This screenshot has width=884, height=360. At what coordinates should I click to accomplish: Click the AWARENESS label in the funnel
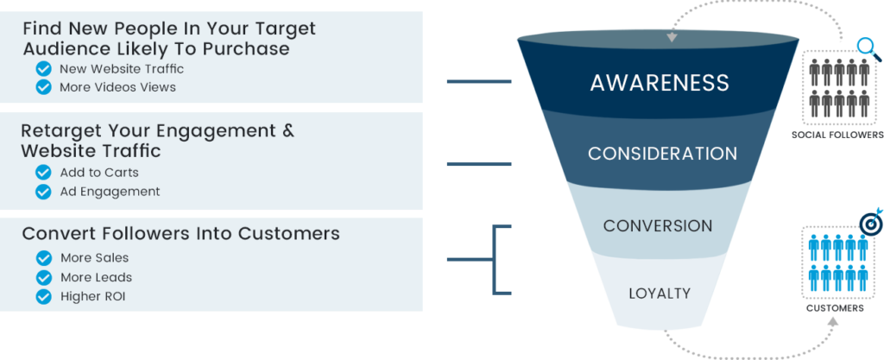click(660, 83)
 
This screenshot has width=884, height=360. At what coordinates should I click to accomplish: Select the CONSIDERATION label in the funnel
click(662, 154)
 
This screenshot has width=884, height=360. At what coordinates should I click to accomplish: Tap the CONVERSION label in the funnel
click(658, 226)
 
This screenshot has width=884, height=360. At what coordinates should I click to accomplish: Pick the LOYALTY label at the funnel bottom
click(660, 294)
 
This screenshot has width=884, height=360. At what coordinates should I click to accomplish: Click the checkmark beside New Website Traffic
click(42, 69)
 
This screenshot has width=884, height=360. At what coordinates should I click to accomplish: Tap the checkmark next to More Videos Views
click(42, 87)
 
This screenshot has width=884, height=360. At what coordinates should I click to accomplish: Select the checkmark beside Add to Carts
click(42, 173)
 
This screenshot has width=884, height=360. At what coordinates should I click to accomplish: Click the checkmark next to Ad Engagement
click(42, 191)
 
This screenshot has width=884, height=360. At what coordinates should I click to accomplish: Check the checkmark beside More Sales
click(42, 258)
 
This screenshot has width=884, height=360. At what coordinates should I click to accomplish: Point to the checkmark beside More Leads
click(42, 277)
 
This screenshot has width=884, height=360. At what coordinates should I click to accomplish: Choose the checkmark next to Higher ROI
click(42, 296)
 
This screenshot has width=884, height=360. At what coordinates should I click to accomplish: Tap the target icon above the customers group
click(869, 222)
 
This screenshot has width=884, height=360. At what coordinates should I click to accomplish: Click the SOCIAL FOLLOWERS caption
click(838, 135)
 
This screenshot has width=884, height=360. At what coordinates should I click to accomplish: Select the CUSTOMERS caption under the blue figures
click(835, 307)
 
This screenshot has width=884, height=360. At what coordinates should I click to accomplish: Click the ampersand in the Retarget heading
click(287, 131)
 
